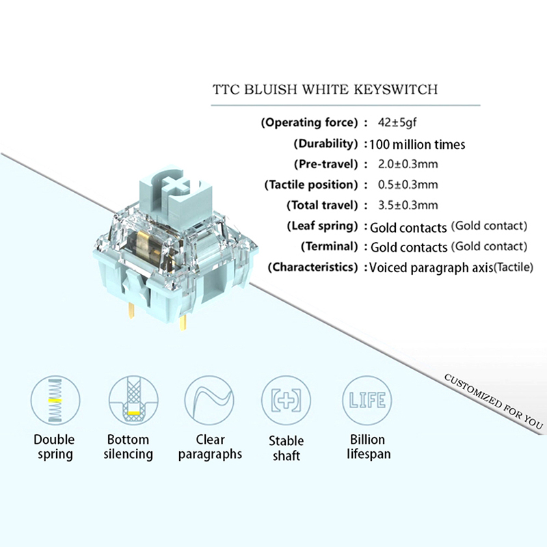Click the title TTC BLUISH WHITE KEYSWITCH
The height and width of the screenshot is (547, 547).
[x=325, y=90]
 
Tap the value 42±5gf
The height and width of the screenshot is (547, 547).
[x=397, y=123]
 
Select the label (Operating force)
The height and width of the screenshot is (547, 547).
[x=310, y=123]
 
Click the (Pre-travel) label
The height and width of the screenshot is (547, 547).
[x=325, y=164]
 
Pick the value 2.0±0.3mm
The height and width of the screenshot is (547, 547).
[x=408, y=164]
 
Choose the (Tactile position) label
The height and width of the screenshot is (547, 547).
[x=311, y=185]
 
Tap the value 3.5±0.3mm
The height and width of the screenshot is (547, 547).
[x=408, y=205]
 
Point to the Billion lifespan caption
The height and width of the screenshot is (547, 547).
[x=368, y=446]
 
